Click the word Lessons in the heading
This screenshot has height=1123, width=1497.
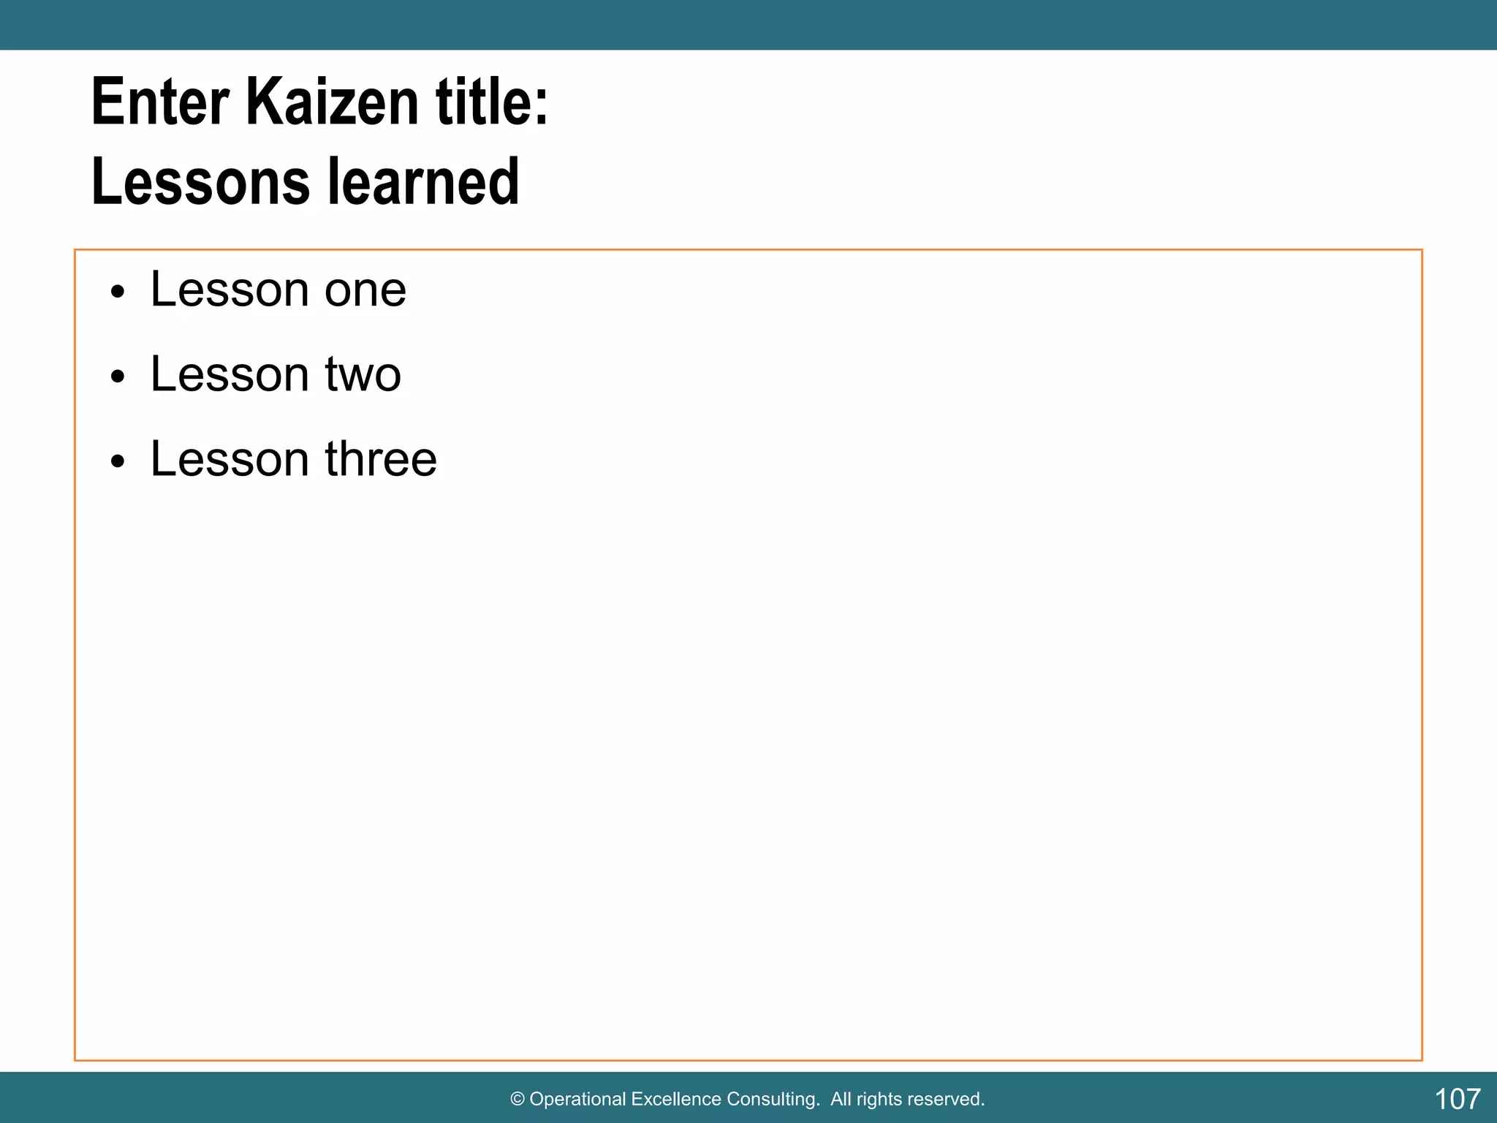point(200,182)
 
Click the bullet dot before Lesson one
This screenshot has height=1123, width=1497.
point(118,293)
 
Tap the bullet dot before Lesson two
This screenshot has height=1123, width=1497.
point(118,377)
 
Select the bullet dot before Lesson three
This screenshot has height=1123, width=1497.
point(118,462)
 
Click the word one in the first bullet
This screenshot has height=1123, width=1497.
point(365,291)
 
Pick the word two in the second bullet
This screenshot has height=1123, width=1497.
point(363,375)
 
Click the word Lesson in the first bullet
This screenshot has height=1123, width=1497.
point(230,290)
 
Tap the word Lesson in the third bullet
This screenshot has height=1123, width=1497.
point(230,459)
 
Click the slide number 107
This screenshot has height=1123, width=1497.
point(1457,1099)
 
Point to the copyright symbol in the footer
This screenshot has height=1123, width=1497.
point(518,1100)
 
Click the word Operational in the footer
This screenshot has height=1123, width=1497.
point(577,1100)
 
